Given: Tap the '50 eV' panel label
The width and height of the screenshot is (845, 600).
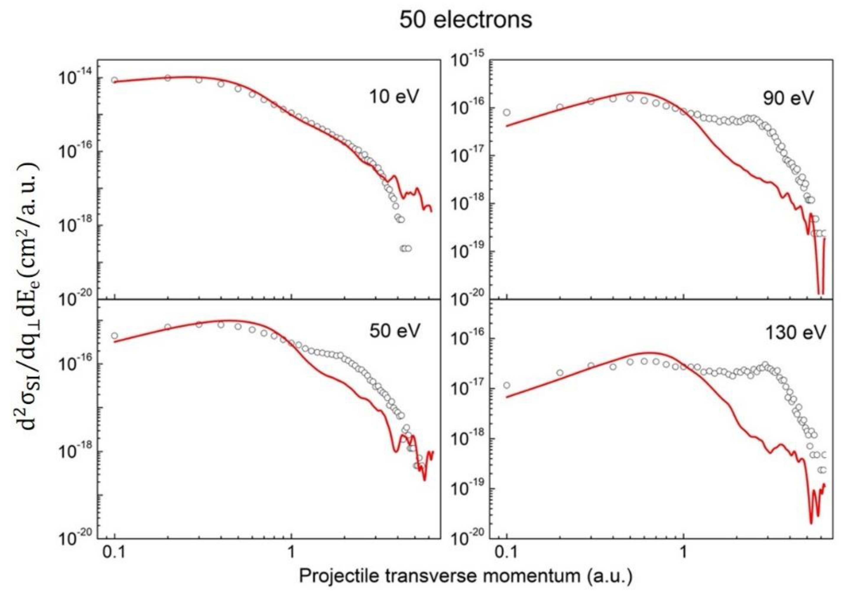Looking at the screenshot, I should point(395,330).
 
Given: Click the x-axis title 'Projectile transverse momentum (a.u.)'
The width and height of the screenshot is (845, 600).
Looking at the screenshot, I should point(466,576).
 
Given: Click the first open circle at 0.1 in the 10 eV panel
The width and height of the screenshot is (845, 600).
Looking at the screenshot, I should point(115,80).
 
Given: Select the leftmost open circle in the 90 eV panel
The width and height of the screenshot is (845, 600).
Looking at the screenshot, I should point(507,112).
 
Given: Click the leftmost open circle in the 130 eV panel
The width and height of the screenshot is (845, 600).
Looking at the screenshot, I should point(507,385).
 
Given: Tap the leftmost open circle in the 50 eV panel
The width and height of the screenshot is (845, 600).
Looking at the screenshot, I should point(115,336).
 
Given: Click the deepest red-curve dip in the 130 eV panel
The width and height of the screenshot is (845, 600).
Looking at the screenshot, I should point(811,522).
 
